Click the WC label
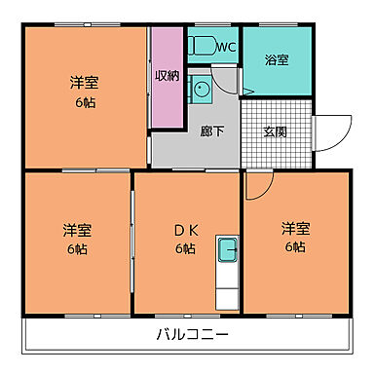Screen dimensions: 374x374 pyautogui.click(x=226, y=47)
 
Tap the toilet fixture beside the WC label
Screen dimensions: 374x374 pyautogui.click(x=202, y=45)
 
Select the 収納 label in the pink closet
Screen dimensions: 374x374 pyautogui.click(x=167, y=75)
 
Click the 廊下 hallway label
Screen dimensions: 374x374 pyautogui.click(x=212, y=131)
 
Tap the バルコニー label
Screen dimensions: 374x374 pyautogui.click(x=191, y=334)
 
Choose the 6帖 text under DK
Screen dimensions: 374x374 pyautogui.click(x=185, y=249)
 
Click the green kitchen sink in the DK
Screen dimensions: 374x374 pyautogui.click(x=228, y=249)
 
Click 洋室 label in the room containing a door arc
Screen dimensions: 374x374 pyautogui.click(x=296, y=230)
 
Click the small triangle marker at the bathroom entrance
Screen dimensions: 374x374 pyautogui.click(x=248, y=93)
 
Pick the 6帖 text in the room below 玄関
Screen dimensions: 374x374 pyautogui.click(x=296, y=249)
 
